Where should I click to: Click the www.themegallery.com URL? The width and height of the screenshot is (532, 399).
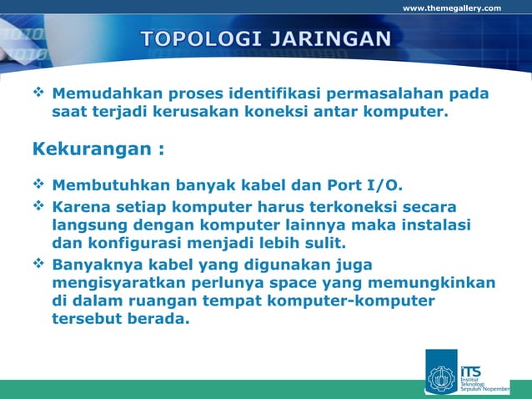[452, 8]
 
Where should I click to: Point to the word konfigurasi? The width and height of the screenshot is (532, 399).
[133, 244]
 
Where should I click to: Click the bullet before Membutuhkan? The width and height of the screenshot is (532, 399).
[39, 184]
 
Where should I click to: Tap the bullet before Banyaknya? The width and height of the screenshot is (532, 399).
[39, 264]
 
